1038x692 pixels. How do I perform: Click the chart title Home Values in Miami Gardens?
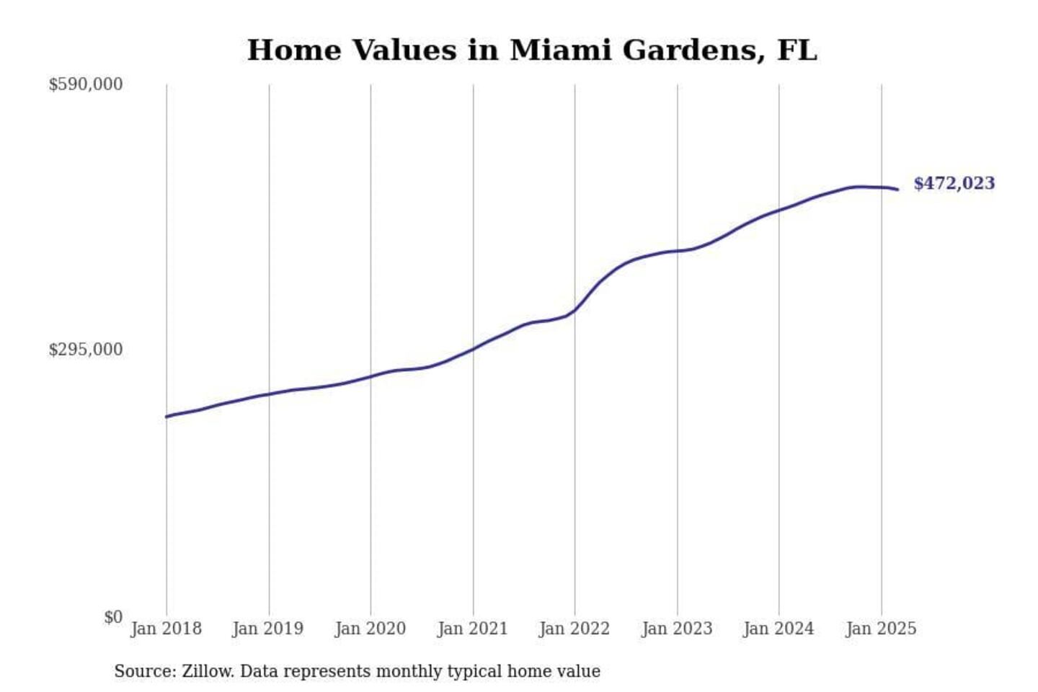[x=532, y=50]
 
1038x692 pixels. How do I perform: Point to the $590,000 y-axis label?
[x=85, y=84]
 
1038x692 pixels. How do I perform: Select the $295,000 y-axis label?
[x=85, y=350]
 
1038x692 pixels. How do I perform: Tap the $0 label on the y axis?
[x=112, y=617]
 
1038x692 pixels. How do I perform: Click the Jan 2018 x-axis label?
[x=166, y=629]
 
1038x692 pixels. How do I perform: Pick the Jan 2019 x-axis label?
[x=268, y=629]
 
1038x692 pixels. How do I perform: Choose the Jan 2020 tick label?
[x=371, y=629]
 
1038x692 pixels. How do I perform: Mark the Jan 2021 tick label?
[x=473, y=629]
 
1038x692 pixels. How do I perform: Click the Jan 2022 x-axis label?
[x=575, y=629]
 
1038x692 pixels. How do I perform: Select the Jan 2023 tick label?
[x=677, y=629]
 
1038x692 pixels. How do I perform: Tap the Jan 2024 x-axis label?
[x=778, y=629]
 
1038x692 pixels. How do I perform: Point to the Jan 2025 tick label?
[x=881, y=629]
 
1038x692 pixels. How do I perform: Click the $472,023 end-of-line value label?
[x=954, y=183]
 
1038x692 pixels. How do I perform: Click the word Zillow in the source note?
[x=208, y=671]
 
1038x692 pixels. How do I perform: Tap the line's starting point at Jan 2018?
[x=167, y=417]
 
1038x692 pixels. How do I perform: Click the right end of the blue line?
[x=897, y=190]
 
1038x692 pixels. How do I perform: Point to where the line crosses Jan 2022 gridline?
[x=575, y=311]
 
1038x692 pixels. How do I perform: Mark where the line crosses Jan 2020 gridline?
[x=371, y=376]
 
